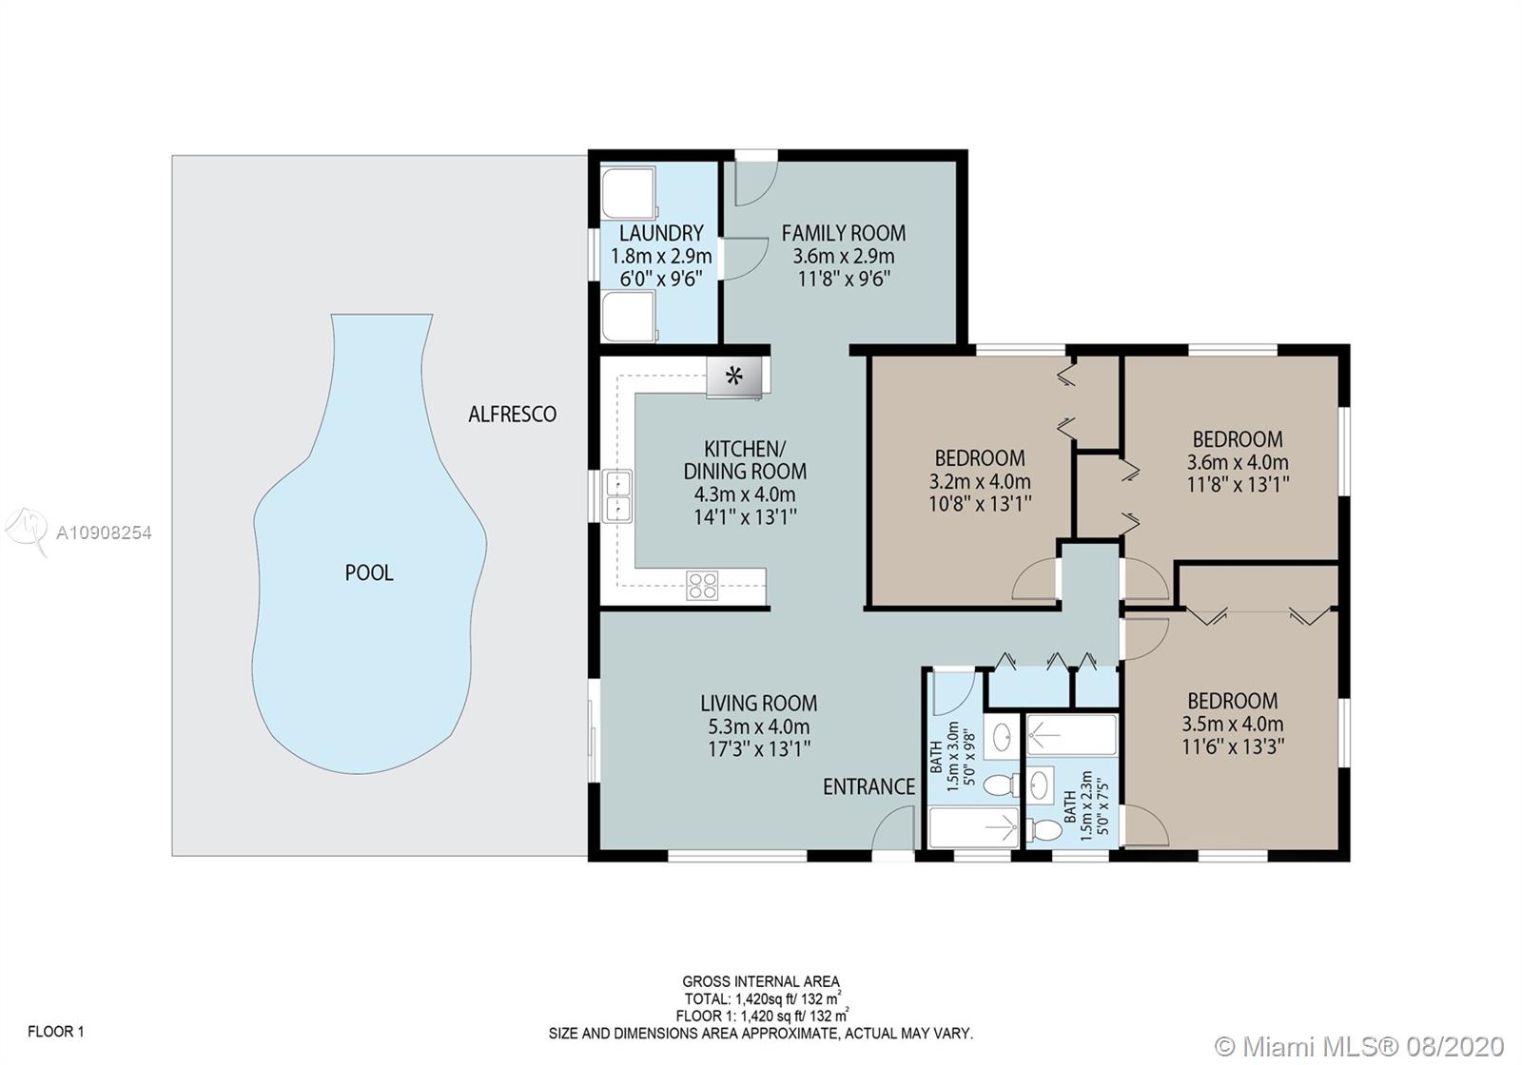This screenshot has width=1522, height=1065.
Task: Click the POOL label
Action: coord(369,572)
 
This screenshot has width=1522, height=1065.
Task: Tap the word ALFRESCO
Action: coord(513,414)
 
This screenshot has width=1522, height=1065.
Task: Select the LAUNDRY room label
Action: coord(661,233)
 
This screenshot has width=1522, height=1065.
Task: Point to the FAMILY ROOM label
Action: coord(843,233)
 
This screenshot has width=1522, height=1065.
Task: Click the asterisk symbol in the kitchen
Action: coord(733,375)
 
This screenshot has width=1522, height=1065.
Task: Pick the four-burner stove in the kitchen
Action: coord(702,586)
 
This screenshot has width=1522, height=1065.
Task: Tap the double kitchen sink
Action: coord(617,495)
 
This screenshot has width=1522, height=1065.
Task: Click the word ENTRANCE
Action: coord(869,786)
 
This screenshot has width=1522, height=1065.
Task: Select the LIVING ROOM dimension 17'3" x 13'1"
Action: coord(759,748)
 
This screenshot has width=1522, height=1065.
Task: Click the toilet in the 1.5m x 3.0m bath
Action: coord(1001,785)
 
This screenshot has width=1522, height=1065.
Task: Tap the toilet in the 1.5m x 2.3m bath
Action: coord(1044,829)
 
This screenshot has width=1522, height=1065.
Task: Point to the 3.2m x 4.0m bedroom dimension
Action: coord(980,481)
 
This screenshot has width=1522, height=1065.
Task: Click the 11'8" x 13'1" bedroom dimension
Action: coord(1238,484)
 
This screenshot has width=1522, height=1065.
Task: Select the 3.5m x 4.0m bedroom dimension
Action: coord(1233,724)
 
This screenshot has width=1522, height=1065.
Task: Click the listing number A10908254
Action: coord(104,532)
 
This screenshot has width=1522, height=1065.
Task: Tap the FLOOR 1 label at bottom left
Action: coord(56,1031)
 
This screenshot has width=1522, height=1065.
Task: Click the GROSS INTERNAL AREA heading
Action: coord(761,981)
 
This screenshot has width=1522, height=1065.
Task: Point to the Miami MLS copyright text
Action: coord(1359,1046)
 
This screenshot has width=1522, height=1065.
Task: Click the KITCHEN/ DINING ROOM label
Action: coord(746,460)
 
